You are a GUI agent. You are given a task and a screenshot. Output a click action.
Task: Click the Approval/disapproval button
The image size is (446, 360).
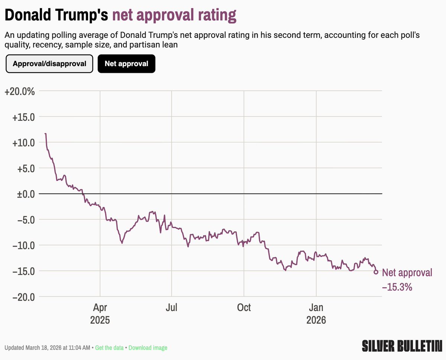point(49,64)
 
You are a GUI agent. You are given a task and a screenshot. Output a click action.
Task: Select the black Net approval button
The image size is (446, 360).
point(126,64)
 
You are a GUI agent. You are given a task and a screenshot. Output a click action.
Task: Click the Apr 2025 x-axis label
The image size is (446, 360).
point(100,314)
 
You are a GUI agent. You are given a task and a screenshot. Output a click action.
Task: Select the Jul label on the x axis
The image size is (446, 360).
point(171,308)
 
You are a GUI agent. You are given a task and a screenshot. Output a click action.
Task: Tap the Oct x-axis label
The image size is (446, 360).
point(244,308)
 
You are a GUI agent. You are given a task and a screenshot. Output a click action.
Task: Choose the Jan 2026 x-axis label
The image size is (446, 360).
point(316,314)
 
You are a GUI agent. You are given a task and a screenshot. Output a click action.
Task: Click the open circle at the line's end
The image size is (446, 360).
point(376,272)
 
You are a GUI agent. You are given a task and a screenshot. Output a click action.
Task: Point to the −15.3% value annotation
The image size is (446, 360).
point(397,287)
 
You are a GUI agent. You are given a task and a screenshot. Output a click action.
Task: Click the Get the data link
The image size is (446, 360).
point(109,348)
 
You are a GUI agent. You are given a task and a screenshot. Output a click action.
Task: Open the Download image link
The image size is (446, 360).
point(148,348)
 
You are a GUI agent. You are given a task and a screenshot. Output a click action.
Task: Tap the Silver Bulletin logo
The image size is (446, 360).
point(402,346)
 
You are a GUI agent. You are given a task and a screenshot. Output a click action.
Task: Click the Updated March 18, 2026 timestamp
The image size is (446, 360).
point(47,348)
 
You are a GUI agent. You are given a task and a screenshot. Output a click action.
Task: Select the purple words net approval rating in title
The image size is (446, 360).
point(174,15)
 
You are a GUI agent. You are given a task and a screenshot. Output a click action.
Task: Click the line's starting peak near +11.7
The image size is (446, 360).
point(45,134)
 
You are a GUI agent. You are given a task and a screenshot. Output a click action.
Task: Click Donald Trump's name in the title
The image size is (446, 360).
point(56,15)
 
